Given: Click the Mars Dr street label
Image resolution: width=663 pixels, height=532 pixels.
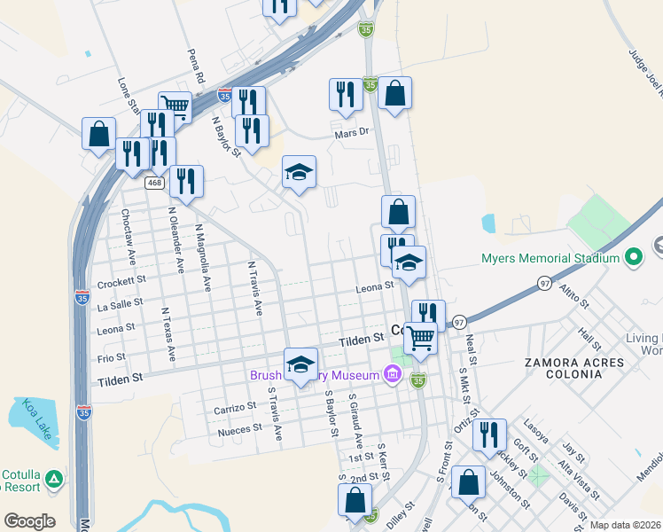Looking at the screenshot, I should pyautogui.click(x=351, y=133).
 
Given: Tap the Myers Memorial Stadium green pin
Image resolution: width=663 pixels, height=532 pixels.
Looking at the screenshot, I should pyautogui.click(x=633, y=258).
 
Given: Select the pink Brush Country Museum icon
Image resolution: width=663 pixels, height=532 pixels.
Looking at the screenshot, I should pyautogui.click(x=392, y=375).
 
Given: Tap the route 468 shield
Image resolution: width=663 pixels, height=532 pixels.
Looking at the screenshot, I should pyautogui.click(x=154, y=183).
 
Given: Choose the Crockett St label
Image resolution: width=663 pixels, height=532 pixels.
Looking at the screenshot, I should pyautogui.click(x=121, y=281).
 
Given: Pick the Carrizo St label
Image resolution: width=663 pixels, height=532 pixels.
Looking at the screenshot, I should pyautogui.click(x=234, y=408).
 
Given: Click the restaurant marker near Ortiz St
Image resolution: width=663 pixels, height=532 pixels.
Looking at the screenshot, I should pyautogui.click(x=488, y=435).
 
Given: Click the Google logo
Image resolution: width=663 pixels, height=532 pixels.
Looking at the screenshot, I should pyautogui.click(x=29, y=520).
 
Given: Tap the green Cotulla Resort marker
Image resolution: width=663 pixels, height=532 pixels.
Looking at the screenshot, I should pyautogui.click(x=55, y=479).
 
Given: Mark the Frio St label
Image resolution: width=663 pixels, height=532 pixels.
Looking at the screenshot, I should pyautogui.click(x=112, y=358).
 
